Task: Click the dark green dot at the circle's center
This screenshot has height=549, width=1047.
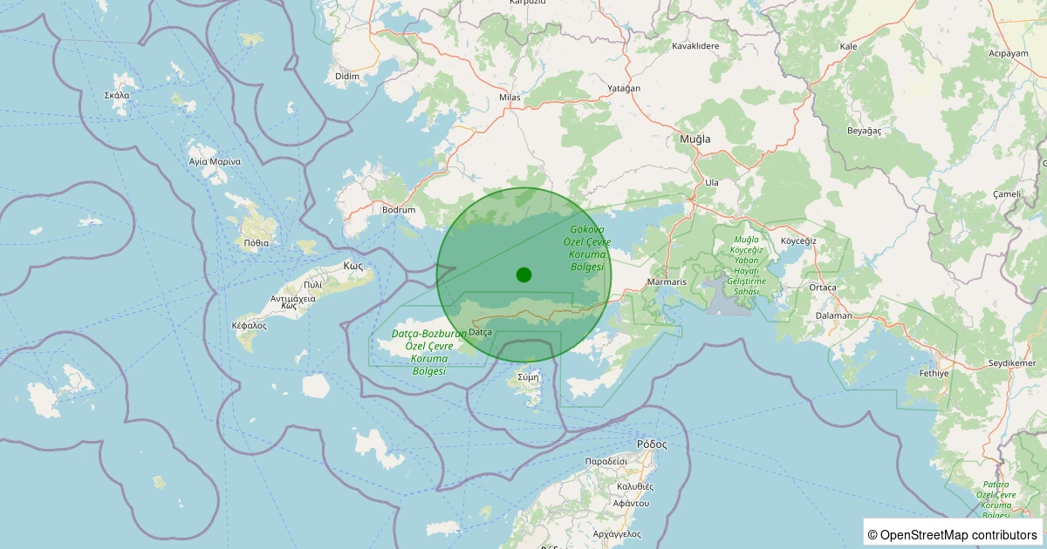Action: (523, 274)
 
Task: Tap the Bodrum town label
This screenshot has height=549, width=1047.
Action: (398, 210)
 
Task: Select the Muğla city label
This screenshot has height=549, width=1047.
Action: (695, 139)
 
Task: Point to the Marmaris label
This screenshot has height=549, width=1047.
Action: (668, 282)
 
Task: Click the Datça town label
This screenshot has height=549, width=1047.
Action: (481, 332)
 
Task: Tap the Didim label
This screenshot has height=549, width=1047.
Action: (347, 77)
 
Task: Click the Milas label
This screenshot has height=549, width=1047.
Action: (510, 98)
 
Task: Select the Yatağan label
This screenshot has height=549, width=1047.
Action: (624, 89)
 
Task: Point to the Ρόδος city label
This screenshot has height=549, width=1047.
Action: (652, 444)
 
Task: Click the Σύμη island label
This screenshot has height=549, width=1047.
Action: (529, 377)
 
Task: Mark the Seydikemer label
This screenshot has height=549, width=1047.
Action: (1011, 363)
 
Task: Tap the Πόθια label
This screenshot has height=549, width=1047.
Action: (257, 243)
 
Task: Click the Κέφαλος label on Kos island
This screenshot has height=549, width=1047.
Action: (249, 325)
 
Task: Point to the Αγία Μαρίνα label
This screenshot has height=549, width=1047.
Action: (215, 161)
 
